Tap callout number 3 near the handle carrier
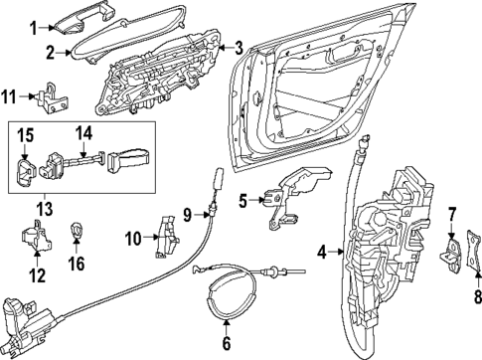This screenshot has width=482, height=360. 238,47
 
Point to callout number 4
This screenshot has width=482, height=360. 321,254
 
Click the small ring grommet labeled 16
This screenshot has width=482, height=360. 77,233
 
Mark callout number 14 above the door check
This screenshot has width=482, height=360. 84,131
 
